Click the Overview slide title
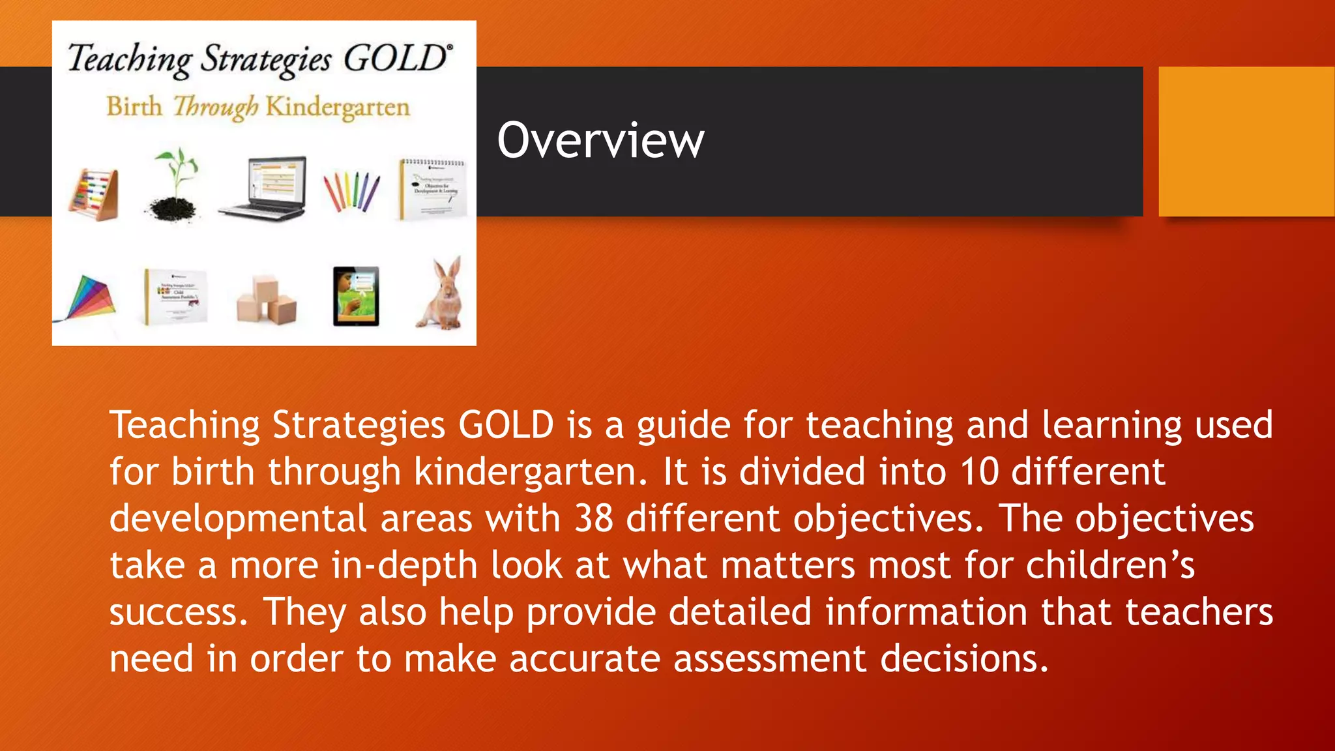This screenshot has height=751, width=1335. [x=600, y=140]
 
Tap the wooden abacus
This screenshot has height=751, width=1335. [x=95, y=194]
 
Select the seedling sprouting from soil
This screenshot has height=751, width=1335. [x=173, y=186]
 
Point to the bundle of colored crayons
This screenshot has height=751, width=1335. [x=351, y=192]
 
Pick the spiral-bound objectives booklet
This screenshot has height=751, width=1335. [x=433, y=188]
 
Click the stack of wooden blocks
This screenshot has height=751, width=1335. [x=267, y=301]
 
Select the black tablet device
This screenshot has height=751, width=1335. [x=356, y=296]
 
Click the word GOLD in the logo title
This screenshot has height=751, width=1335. [x=396, y=59]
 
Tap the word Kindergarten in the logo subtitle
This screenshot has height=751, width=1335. [x=338, y=107]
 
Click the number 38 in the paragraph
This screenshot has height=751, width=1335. [x=594, y=518]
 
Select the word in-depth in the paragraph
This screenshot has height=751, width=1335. [x=404, y=565]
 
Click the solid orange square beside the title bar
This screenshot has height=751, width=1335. [x=1246, y=141]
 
